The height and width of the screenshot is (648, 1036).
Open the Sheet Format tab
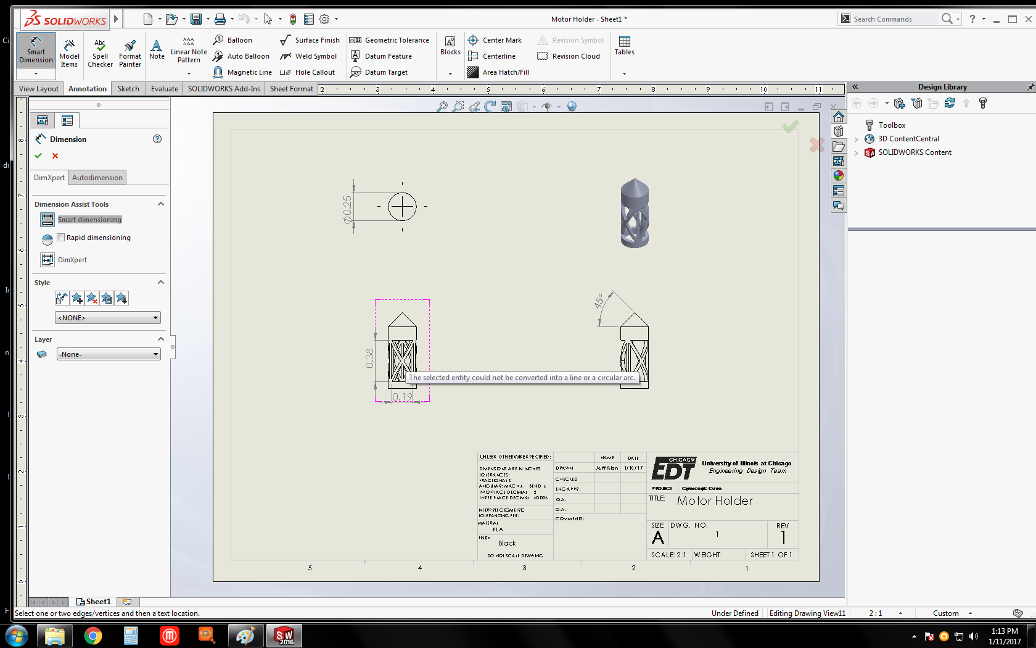[291, 89]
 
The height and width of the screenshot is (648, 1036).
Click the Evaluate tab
[164, 89]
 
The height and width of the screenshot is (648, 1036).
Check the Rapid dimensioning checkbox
[61, 238]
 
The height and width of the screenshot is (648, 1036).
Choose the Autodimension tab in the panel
[97, 178]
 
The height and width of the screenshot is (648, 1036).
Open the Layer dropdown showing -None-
[109, 354]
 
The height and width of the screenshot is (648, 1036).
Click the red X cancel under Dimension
[55, 156]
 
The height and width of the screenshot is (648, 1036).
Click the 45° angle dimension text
[598, 301]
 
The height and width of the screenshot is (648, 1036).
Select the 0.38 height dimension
[369, 358]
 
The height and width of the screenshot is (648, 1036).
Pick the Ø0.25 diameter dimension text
[348, 209]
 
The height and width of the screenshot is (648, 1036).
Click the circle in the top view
[402, 207]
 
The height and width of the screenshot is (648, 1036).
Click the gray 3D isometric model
[635, 214]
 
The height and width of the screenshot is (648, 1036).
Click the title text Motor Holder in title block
[715, 501]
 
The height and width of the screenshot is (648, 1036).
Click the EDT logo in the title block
[673, 469]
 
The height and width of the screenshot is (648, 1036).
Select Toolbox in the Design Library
[892, 125]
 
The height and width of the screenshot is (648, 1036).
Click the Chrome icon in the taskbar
[93, 636]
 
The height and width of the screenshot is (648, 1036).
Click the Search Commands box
[894, 19]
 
